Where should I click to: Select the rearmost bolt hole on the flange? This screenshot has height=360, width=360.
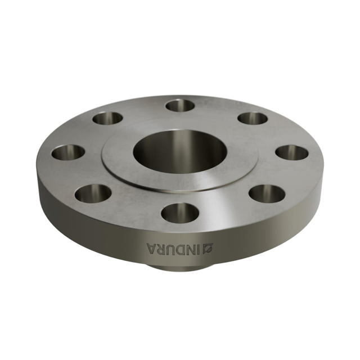(180, 105)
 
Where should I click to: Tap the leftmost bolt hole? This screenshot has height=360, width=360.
(68, 152)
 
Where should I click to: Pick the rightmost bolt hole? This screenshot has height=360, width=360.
(292, 152)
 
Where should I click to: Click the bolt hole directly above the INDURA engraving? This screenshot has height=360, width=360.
(180, 213)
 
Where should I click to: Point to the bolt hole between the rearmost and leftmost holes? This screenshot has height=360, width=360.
(107, 118)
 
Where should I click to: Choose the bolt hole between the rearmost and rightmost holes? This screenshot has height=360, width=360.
(253, 118)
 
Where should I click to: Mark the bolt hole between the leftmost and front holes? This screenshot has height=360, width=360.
(93, 193)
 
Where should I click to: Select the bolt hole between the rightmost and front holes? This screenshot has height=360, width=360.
(267, 193)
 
